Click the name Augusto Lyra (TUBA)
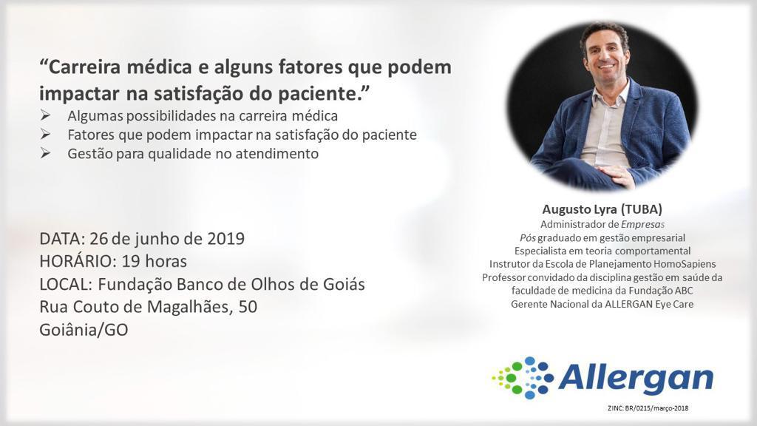(x=602, y=209)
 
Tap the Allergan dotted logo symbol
(x=523, y=378)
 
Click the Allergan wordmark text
(x=636, y=378)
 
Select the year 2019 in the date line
(x=226, y=239)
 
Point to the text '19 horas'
(x=154, y=261)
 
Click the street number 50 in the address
(x=248, y=307)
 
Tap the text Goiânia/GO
(x=84, y=330)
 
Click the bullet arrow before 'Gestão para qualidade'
(x=45, y=154)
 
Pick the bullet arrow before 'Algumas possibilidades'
(x=45, y=116)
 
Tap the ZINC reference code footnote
(x=648, y=408)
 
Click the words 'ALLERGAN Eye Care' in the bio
(x=649, y=304)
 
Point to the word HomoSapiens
(x=685, y=264)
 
